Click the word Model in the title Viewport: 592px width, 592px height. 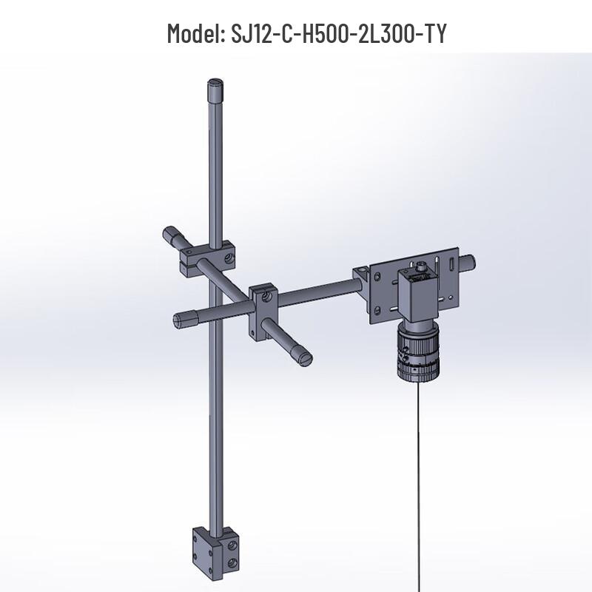pyautogui.click(x=191, y=33)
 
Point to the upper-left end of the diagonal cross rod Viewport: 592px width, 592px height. pyautogui.click(x=172, y=237)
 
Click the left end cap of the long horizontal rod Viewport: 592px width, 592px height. pyautogui.click(x=181, y=320)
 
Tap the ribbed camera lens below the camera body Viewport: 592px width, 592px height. pyautogui.click(x=417, y=353)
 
